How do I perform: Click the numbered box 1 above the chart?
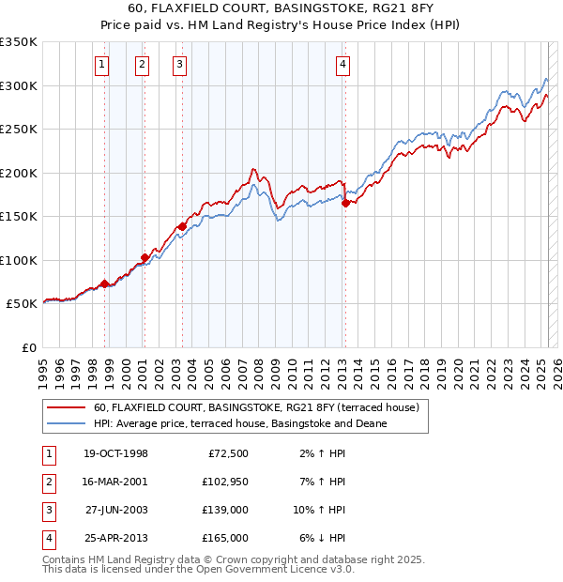click(x=101, y=65)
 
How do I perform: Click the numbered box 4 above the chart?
click(x=343, y=65)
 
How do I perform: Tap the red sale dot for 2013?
click(x=345, y=203)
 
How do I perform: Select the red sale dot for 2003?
click(x=182, y=226)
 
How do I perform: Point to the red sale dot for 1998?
click(x=104, y=283)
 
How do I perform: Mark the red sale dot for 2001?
click(x=145, y=257)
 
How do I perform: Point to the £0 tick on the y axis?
click(x=29, y=347)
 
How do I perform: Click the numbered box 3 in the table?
click(x=47, y=510)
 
